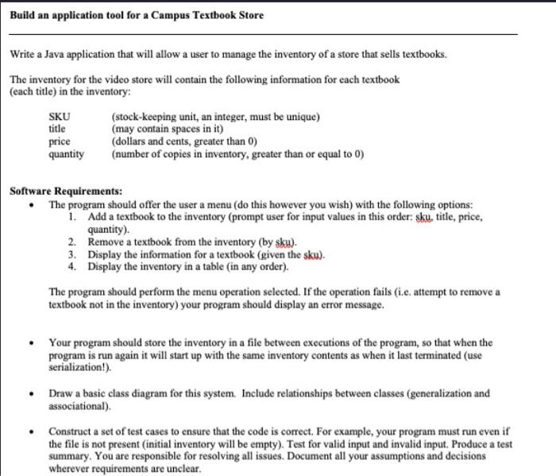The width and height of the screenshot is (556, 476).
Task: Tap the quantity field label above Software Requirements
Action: tap(67, 154)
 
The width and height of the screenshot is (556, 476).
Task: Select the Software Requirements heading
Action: tap(65, 192)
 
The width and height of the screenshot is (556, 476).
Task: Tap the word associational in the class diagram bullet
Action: tap(79, 405)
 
